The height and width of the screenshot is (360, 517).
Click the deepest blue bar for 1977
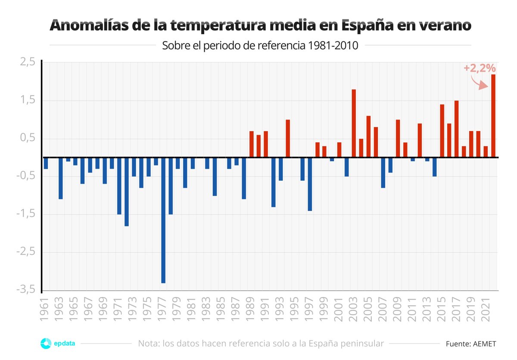(163, 220)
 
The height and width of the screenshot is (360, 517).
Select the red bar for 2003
(354, 123)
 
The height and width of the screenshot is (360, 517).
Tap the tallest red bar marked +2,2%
(493, 116)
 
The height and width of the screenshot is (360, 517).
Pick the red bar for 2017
(456, 129)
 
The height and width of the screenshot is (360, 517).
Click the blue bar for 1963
(61, 178)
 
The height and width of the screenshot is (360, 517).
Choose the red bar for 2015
(442, 131)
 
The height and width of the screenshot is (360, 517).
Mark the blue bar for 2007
(383, 172)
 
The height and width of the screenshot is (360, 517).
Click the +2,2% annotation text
(480, 68)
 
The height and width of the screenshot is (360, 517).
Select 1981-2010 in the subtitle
(333, 45)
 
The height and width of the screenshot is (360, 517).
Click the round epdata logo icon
(46, 344)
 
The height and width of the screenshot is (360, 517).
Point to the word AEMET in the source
(485, 344)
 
